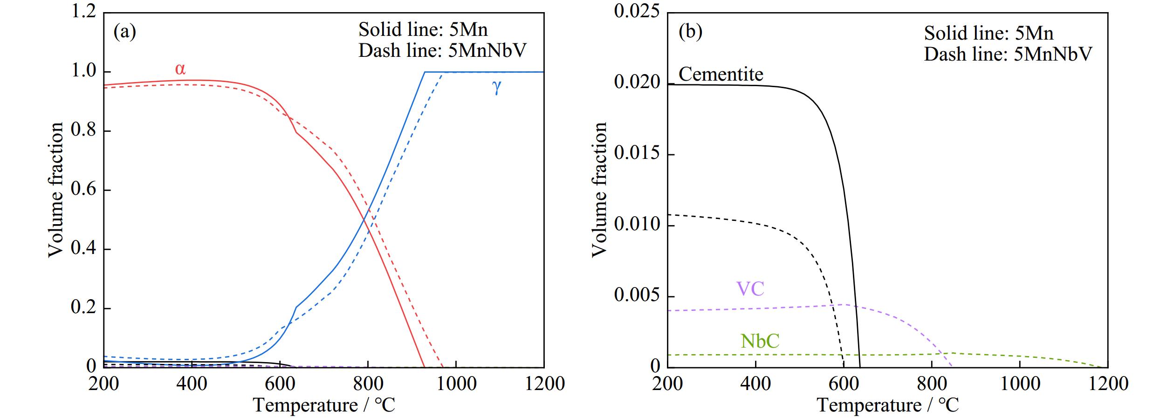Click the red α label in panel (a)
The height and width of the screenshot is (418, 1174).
tap(180, 69)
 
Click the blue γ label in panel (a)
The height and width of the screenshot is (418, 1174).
tap(497, 87)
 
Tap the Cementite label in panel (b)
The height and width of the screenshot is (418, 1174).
tap(721, 75)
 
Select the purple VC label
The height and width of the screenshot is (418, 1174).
tap(750, 289)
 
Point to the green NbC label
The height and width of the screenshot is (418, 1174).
tap(760, 341)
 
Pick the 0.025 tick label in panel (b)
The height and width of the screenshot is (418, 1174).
tap(637, 12)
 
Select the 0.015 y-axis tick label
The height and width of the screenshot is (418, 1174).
tap(637, 154)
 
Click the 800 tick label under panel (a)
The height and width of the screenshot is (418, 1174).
tap(368, 384)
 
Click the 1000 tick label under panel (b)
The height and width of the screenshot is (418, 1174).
tap(1020, 384)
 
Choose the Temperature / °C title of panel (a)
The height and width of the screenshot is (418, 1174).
tap(324, 405)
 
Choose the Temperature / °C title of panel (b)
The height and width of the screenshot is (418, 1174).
tap(888, 405)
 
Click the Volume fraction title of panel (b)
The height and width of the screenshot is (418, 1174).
tap(599, 189)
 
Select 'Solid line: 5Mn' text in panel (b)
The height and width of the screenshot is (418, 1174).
tap(989, 34)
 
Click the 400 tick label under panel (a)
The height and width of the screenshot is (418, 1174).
tap(192, 384)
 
